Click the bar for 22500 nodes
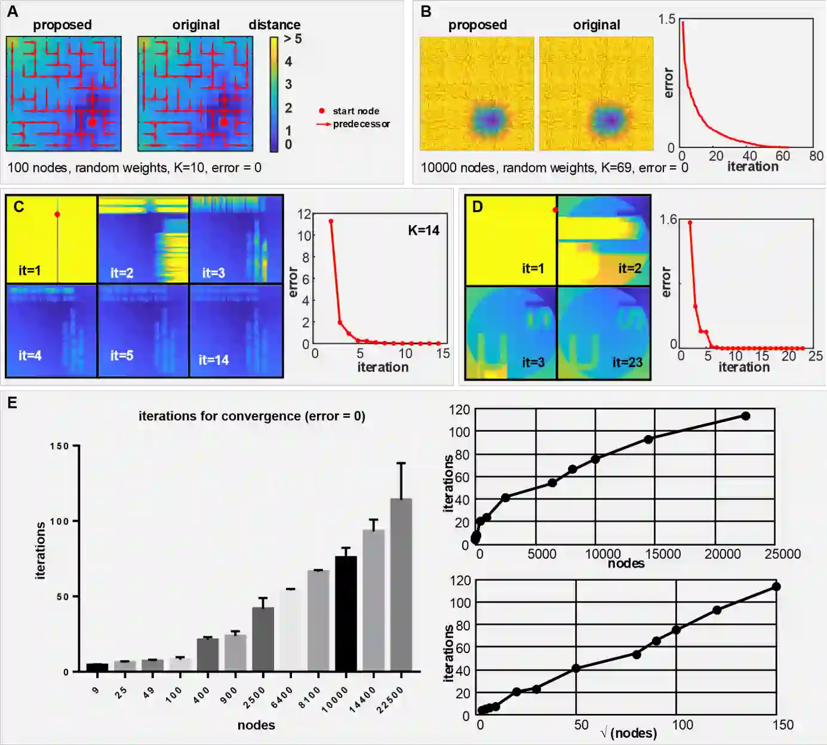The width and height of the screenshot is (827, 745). pos(401,585)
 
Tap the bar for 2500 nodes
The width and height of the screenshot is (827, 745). pos(263,639)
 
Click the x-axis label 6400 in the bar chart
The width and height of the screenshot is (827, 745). pos(282,697)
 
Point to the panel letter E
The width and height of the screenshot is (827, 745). pos(12,402)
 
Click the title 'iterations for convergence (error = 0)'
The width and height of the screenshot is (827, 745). pos(251,416)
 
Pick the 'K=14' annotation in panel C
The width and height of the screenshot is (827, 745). pos(423,230)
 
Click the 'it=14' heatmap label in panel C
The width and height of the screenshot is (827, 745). pos(213,360)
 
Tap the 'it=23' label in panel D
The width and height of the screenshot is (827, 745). pos(627,362)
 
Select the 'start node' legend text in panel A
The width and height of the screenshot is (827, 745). pos(356,111)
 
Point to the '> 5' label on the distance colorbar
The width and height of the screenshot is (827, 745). pos(293,39)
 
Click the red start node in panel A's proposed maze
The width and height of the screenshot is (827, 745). pos(92,122)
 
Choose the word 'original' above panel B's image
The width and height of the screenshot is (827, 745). pos(596,25)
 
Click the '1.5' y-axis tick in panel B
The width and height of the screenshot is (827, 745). pos(666,19)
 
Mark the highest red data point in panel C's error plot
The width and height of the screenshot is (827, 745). pos(331,221)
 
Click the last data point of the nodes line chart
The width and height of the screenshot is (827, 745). pos(745,416)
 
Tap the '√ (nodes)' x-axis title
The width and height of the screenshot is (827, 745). pos(629,732)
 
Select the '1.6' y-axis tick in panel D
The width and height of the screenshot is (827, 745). pos(668,220)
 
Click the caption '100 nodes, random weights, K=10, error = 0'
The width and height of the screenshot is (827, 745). pos(134,168)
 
